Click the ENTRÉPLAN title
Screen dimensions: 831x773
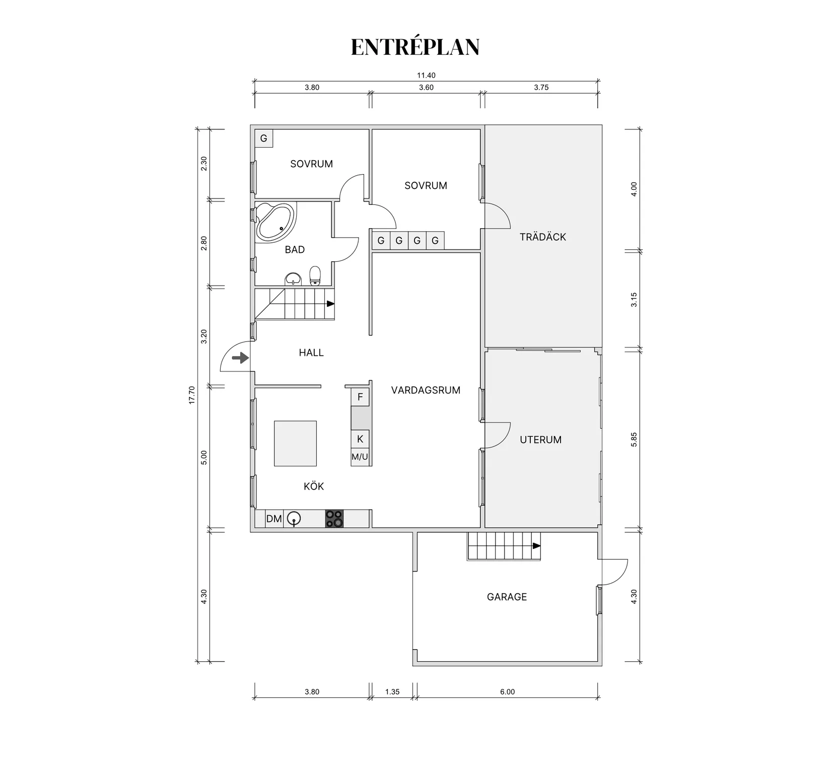(415, 47)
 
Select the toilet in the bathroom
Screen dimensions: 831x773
(315, 276)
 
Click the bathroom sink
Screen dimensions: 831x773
(293, 279)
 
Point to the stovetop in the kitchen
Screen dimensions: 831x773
(334, 519)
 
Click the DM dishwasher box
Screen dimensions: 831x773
(274, 519)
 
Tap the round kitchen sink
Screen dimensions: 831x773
(294, 518)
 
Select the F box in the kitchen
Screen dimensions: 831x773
(360, 397)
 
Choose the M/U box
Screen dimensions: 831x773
(360, 457)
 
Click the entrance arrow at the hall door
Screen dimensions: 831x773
(241, 358)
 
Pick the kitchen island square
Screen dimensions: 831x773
(295, 444)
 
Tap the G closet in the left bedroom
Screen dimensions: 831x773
(263, 138)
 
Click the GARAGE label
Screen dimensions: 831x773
(507, 597)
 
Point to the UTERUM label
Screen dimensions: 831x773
(540, 440)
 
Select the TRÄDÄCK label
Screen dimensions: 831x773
(543, 237)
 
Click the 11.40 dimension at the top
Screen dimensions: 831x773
(426, 76)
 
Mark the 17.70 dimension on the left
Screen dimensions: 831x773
(191, 395)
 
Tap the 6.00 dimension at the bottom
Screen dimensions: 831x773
(508, 692)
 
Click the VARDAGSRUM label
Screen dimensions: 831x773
(426, 390)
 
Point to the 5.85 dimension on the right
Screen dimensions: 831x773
(634, 440)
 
